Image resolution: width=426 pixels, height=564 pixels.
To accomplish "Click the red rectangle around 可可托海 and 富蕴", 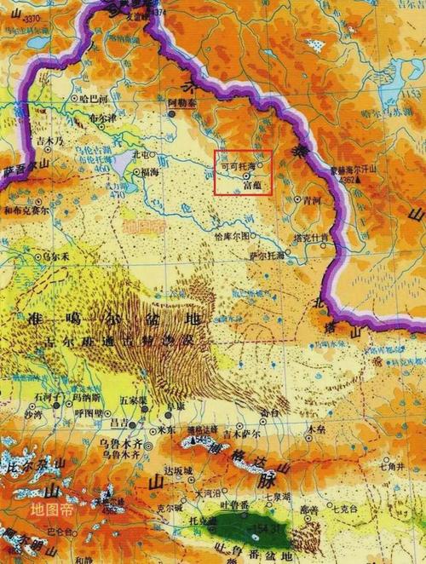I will click(243, 171).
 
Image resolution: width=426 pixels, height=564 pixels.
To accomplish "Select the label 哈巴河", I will click(91, 99).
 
